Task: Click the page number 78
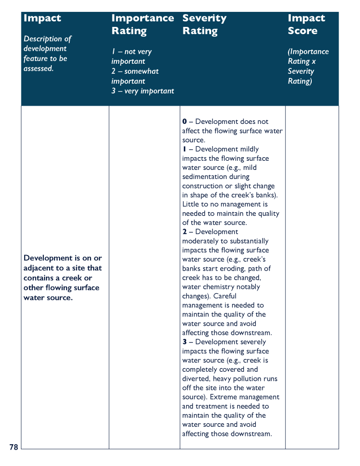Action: pyautogui.click(x=14, y=447)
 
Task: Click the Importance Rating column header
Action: pyautogui.click(x=142, y=24)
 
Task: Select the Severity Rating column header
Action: pyautogui.click(x=204, y=24)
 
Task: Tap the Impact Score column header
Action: pyautogui.click(x=306, y=24)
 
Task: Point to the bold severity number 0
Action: pyautogui.click(x=184, y=122)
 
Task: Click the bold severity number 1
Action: pyautogui.click(x=184, y=149)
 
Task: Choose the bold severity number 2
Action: pyautogui.click(x=184, y=232)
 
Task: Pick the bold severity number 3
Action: pyautogui.click(x=184, y=342)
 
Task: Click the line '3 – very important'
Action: pyautogui.click(x=142, y=91)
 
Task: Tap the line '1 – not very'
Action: pyautogui.click(x=132, y=52)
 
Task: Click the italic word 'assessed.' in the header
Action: pyautogui.click(x=39, y=69)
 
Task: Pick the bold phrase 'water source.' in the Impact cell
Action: pyautogui.click(x=48, y=298)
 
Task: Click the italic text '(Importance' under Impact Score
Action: pyautogui.click(x=308, y=52)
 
